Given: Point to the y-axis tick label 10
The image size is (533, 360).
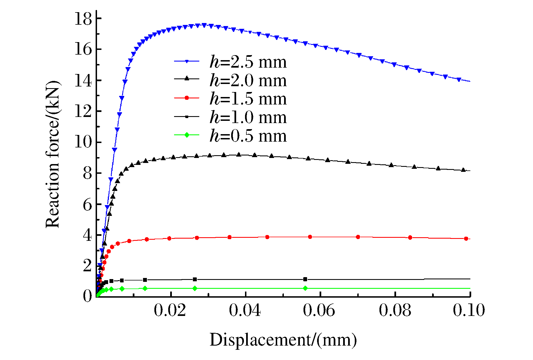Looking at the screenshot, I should coord(83,142).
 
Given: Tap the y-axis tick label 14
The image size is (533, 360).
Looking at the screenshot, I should coord(83,81).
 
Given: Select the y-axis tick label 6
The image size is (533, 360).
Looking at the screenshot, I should coord(87,205).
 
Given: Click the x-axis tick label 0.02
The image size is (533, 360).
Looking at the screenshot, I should coord(170,310).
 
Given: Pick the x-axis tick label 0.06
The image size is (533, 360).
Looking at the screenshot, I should coord(319,310).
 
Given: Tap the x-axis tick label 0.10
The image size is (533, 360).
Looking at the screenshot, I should coord(469,310).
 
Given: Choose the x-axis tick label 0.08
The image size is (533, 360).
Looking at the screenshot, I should coord(395,310).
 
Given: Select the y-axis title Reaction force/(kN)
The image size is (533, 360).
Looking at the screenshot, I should coord(53,154).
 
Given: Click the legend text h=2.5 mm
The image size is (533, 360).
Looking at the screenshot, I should coord(248,62).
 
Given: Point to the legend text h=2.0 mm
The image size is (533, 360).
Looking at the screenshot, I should coord(248,80).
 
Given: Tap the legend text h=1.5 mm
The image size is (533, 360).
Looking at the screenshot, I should coord(248,99).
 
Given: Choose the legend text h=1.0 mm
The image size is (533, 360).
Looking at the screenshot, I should coord(248,117).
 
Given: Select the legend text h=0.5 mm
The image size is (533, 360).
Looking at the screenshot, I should coord(248,136).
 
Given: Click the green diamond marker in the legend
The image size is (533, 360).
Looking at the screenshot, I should coord(187,135).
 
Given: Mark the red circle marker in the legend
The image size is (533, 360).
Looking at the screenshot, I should coord(187,98).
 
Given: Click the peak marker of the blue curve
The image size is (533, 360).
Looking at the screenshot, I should coord(204,25).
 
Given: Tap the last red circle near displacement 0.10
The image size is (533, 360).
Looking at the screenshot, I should coord(466,239).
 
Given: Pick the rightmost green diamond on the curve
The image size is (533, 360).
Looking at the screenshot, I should coord(305,288).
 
